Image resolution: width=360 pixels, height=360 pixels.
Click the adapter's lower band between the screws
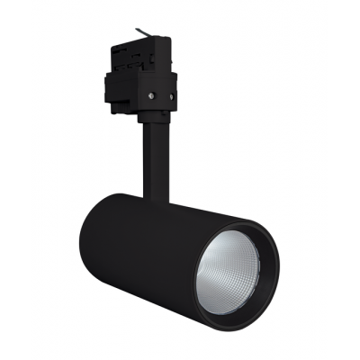pyautogui.click(x=155, y=94)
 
